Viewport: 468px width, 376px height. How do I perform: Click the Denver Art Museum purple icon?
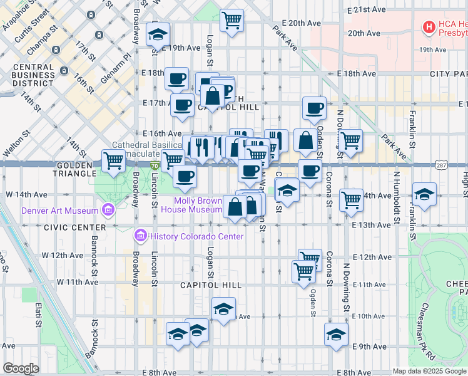[x=109, y=209]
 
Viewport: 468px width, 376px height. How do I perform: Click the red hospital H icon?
[x=429, y=27]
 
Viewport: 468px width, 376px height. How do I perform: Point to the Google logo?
[x=21, y=368]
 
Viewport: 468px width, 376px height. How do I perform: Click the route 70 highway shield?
[x=155, y=165]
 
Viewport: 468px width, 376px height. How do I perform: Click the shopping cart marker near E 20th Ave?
[x=232, y=21]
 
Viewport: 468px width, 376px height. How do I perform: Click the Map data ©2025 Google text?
[x=429, y=371]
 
